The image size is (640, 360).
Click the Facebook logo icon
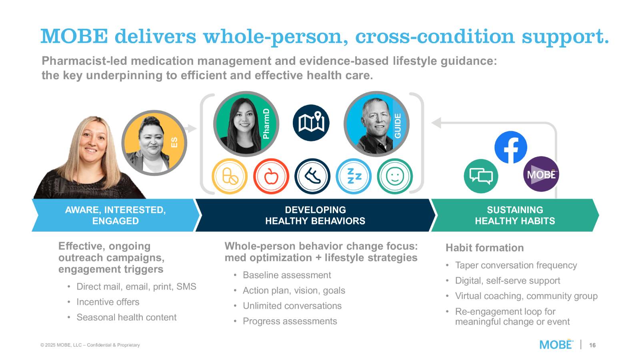point(511,147)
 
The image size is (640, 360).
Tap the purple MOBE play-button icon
point(541,174)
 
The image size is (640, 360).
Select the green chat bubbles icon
point(481,176)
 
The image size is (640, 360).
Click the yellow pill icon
point(230,176)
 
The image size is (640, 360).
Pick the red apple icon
point(271,176)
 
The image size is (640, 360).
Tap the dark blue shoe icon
point(312,176)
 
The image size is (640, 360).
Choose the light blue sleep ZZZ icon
point(354,176)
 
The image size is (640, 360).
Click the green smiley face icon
point(395,176)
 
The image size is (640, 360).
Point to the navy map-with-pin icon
point(311,123)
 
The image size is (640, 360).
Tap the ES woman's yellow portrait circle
point(154,143)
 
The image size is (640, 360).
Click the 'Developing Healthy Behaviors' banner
point(315,215)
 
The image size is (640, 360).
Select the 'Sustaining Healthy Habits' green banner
point(514,215)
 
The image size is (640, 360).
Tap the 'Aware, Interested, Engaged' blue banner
point(115,215)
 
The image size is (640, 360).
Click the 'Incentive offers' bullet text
point(108,302)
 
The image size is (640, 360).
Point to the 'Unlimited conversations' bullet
point(292,306)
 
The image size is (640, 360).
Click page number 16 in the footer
point(592,345)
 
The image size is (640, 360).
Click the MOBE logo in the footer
point(556,344)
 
